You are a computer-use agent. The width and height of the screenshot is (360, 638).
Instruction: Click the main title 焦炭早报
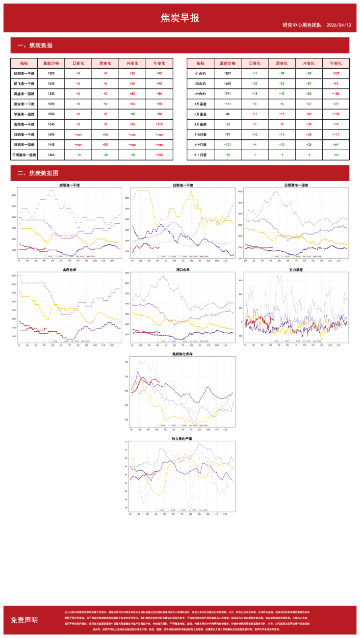tap(180, 18)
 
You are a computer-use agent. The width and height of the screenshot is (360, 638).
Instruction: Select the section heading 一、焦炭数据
tap(35, 46)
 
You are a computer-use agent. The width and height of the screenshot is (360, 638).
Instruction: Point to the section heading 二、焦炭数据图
tap(38, 173)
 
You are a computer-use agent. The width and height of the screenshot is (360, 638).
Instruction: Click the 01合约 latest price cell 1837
tap(227, 73)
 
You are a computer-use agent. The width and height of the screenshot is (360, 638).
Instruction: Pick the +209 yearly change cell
tap(335, 73)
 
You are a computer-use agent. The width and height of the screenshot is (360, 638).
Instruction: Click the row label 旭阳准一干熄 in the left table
tap(24, 73)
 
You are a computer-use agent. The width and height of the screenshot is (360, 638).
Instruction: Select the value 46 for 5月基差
tap(227, 114)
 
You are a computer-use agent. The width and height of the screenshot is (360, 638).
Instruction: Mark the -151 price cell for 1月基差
tap(227, 104)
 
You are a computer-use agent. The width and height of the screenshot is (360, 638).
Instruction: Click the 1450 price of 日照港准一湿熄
tap(51, 155)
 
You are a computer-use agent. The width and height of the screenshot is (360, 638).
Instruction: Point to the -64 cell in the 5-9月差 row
tap(335, 145)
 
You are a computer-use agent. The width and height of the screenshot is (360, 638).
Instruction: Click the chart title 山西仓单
tap(69, 270)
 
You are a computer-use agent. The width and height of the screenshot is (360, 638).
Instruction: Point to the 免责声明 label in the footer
tap(24, 620)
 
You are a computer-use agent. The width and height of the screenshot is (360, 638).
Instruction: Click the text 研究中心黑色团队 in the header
tap(302, 25)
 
